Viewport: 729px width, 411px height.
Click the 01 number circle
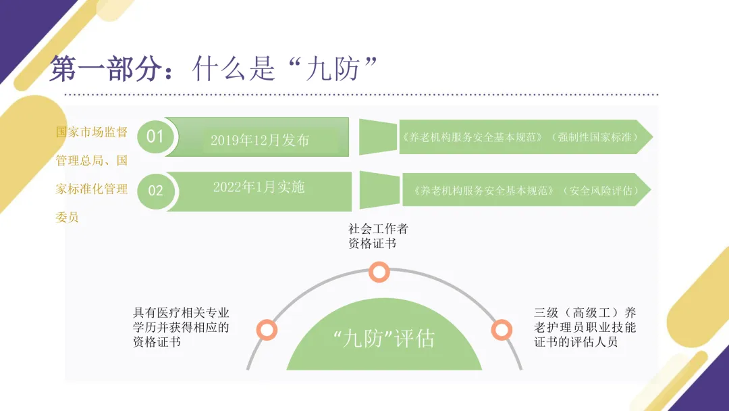tap(155, 137)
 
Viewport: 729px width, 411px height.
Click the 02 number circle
tap(155, 191)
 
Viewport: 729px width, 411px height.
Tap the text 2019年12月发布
tap(260, 141)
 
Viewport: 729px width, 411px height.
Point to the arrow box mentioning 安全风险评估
tap(526, 191)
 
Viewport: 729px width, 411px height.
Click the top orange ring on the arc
tap(379, 272)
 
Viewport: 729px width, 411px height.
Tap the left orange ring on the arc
tap(267, 330)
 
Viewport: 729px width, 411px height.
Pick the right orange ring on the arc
tap(501, 330)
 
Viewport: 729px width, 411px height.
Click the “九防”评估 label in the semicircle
tap(384, 339)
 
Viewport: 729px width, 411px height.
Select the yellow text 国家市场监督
tap(91, 132)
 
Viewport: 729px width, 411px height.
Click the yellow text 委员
tap(67, 218)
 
